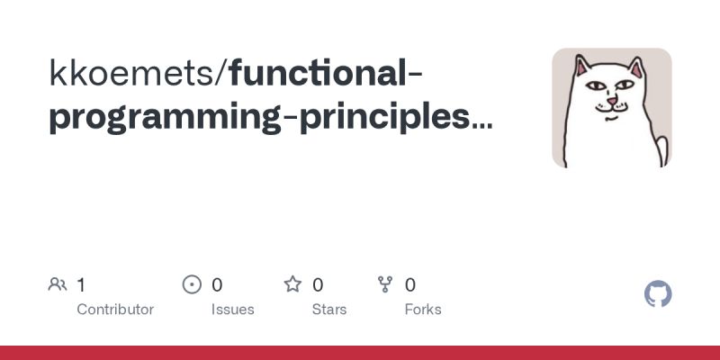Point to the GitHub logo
[x=659, y=294]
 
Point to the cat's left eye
[x=595, y=86]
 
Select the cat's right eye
[x=627, y=87]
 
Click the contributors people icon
[x=58, y=285]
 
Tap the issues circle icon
[x=192, y=285]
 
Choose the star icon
[x=292, y=285]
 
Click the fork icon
[x=385, y=285]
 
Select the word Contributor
[x=115, y=309]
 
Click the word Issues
[x=233, y=309]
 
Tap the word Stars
[x=330, y=309]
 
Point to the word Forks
[x=423, y=309]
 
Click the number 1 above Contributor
[x=81, y=285]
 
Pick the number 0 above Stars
[x=318, y=285]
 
